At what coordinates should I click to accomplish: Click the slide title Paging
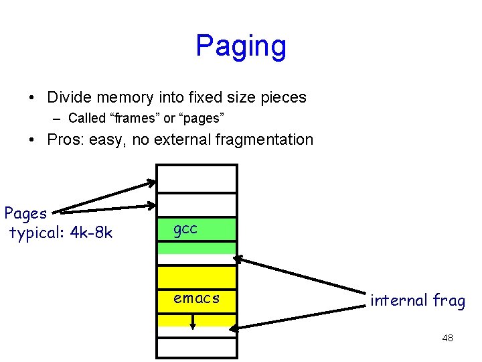pyautogui.click(x=240, y=46)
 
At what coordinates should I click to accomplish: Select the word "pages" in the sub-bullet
pyautogui.click(x=201, y=119)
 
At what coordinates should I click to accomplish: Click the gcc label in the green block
pyautogui.click(x=185, y=229)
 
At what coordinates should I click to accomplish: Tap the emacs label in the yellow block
pyautogui.click(x=196, y=298)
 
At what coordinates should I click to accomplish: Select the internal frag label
pyautogui.click(x=417, y=300)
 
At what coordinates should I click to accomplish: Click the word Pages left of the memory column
pyautogui.click(x=25, y=214)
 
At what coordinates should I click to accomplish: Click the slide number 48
pyautogui.click(x=447, y=338)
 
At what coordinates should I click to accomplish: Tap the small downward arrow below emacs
pyautogui.click(x=193, y=322)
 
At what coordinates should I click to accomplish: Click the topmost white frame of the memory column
pyautogui.click(x=196, y=179)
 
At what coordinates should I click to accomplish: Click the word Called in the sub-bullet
pyautogui.click(x=87, y=119)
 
